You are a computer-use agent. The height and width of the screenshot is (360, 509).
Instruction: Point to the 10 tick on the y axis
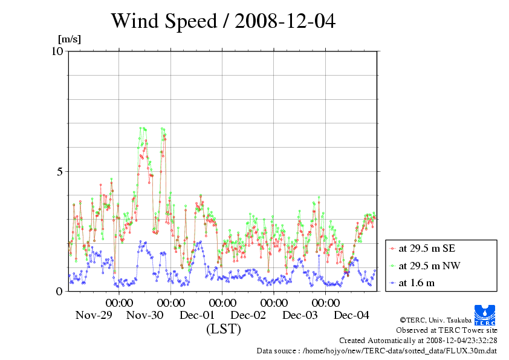pos(57,51)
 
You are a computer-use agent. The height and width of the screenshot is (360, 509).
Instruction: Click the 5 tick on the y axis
pos(59,171)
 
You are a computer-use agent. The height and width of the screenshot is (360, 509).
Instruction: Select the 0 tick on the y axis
pos(59,291)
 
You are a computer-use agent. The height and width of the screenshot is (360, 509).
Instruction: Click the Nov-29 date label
pos(94,315)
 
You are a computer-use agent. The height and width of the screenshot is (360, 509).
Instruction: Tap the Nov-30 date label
pos(145,315)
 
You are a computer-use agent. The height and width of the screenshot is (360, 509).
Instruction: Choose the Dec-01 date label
pos(197,315)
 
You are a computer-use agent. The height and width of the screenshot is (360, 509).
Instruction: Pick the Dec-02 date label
pos(248,315)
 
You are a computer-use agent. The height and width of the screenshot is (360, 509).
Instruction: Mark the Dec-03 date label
pos(300,315)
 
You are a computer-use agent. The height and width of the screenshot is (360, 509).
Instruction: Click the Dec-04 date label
pos(352,315)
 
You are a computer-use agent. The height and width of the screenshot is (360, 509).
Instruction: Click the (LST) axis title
pos(223,329)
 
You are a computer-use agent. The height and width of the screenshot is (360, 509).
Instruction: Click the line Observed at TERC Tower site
pos(447,330)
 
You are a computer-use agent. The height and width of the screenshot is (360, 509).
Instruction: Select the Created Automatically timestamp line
pos(418,340)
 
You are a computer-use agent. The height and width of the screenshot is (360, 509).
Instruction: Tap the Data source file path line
pos(377,350)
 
